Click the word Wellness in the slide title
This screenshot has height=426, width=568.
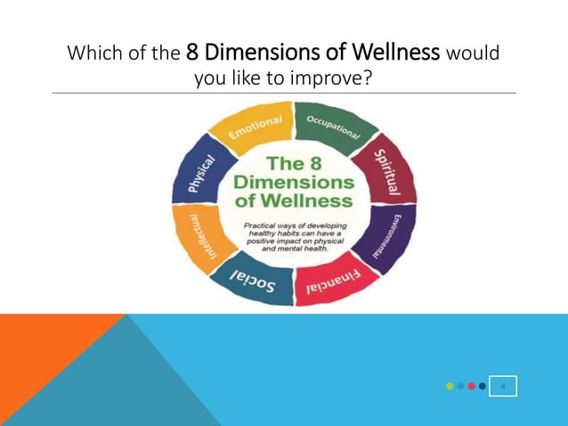(x=397, y=53)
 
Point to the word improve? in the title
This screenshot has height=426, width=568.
(x=329, y=79)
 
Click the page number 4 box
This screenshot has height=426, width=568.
(x=503, y=386)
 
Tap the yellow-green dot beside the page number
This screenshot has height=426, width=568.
(x=450, y=386)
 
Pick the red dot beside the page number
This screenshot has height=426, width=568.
(x=471, y=386)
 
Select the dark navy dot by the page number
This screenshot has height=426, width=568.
(x=482, y=386)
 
